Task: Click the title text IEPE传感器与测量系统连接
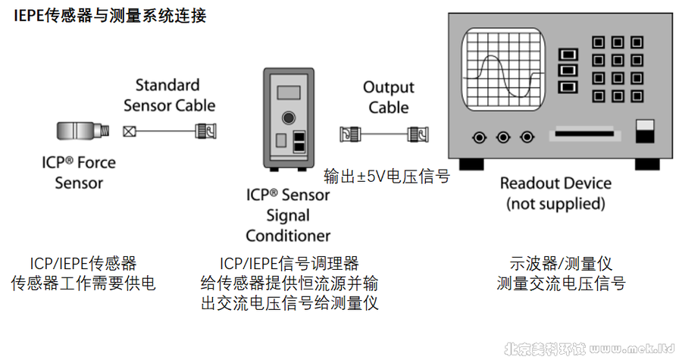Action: (x=110, y=16)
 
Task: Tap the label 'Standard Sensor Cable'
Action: (x=168, y=95)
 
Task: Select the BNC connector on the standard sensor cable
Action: (x=205, y=130)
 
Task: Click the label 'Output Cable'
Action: (x=389, y=97)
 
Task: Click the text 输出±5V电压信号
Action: (x=386, y=177)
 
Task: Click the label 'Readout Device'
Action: (x=555, y=184)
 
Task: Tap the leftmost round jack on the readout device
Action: (x=479, y=137)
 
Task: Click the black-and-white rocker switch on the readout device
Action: (x=645, y=130)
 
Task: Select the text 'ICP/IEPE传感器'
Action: (x=83, y=264)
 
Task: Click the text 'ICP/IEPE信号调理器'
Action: (x=289, y=264)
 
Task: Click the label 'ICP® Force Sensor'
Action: (x=79, y=172)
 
